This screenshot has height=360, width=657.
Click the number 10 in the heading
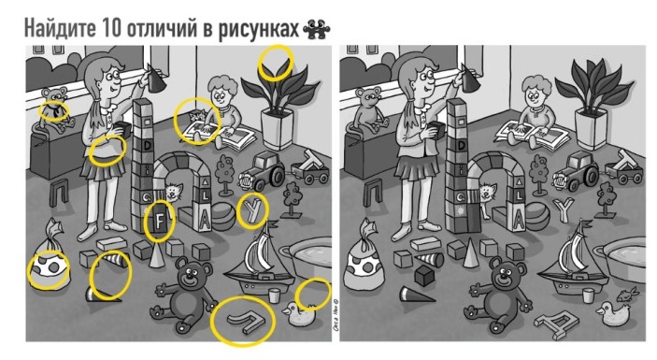coord(111,28)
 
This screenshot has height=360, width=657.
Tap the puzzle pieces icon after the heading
coord(316,29)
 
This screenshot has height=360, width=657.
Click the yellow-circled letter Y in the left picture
coord(252,210)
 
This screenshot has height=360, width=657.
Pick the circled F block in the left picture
coord(159,221)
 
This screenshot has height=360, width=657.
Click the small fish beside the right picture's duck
coord(627,295)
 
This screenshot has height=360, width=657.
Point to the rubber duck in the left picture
coord(298,315)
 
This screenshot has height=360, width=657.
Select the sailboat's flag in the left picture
coord(273,224)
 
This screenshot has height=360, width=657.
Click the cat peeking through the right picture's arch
coord(487,194)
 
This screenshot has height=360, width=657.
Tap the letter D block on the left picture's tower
coord(147,145)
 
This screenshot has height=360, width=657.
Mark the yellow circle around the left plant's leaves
coord(276,64)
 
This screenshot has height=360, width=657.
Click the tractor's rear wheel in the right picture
coord(591,175)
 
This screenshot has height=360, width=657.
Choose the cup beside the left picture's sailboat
coord(275,295)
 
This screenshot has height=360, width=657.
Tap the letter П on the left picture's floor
coord(59,192)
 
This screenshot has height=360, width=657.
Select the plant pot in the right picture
coord(592,128)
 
